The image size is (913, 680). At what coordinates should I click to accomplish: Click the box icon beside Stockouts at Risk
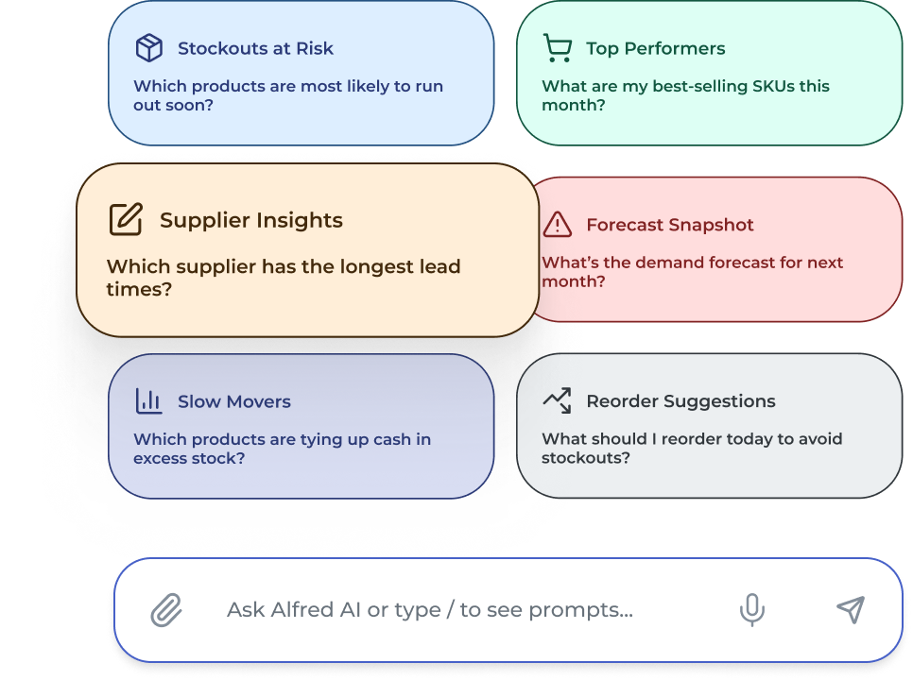(149, 48)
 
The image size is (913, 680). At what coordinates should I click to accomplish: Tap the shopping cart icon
(558, 48)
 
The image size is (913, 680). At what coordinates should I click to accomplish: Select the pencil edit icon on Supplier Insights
(126, 220)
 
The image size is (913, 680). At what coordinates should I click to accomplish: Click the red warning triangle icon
(558, 225)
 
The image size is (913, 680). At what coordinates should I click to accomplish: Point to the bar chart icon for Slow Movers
(149, 401)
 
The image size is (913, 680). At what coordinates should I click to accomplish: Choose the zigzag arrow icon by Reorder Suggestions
(558, 401)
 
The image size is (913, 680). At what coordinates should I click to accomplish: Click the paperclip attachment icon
(166, 610)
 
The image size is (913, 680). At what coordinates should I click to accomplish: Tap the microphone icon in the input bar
(752, 610)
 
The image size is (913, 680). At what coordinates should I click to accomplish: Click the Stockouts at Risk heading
(255, 48)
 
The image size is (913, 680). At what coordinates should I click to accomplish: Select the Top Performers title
(655, 48)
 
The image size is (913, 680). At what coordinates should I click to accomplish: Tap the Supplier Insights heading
(250, 220)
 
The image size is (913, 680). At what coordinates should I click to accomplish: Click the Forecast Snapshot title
(669, 225)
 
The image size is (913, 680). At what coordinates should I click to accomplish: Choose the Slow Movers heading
(233, 401)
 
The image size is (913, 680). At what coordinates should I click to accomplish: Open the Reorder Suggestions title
(680, 401)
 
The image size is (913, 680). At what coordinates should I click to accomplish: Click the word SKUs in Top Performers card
(767, 86)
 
